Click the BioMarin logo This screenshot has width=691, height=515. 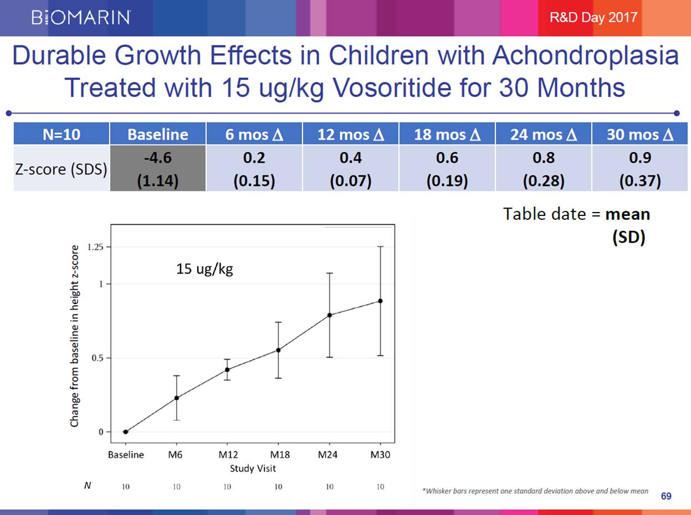pyautogui.click(x=81, y=18)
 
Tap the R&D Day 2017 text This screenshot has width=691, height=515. pyautogui.click(x=593, y=17)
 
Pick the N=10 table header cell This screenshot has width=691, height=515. pyautogui.click(x=62, y=135)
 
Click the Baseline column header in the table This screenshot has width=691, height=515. pyautogui.click(x=158, y=135)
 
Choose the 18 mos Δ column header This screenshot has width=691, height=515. pyautogui.click(x=447, y=135)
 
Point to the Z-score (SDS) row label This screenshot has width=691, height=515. pyautogui.click(x=62, y=169)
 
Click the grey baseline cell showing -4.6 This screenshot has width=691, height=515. pyautogui.click(x=158, y=169)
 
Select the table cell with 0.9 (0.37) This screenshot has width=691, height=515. pyautogui.click(x=639, y=169)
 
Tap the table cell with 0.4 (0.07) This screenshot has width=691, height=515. pyautogui.click(x=350, y=169)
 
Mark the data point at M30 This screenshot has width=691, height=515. pyautogui.click(x=380, y=301)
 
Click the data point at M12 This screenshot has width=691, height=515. pyautogui.click(x=227, y=369)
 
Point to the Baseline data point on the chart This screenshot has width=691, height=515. pyautogui.click(x=126, y=432)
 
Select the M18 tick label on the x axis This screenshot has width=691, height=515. pyautogui.click(x=278, y=455)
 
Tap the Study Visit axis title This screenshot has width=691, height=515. pyautogui.click(x=253, y=468)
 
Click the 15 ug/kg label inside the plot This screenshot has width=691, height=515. pyautogui.click(x=204, y=270)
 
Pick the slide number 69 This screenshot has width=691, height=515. pyautogui.click(x=666, y=496)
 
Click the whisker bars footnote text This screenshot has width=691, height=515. pyautogui.click(x=535, y=491)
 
